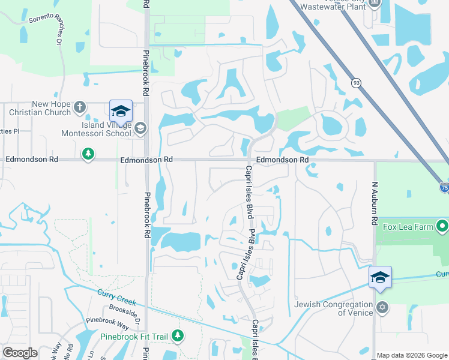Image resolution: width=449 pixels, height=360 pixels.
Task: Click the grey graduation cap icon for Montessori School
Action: coord(140,127)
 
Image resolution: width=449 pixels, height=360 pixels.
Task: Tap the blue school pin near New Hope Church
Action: coord(121,110)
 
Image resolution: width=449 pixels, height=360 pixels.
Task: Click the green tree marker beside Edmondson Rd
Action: coord(88,155)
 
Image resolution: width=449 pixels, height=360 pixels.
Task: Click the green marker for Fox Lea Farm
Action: coord(442,227)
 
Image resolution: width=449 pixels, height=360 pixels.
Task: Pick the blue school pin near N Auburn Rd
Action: coord(380,277)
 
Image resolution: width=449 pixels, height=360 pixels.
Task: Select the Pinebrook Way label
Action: coord(107,324)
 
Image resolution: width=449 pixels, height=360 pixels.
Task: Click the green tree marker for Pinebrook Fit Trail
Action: coord(177,335)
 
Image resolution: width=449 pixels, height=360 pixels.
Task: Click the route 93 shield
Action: coord(356,83)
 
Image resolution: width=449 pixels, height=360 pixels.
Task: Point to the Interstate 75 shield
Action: coord(444,187)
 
